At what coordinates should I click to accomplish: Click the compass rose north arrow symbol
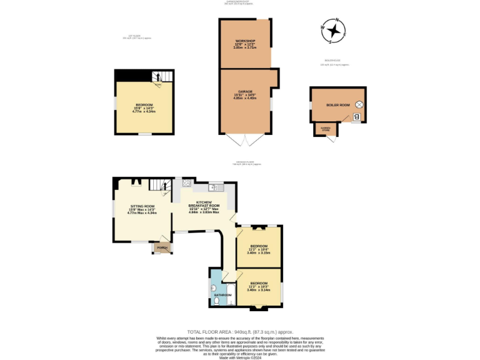click(334, 30)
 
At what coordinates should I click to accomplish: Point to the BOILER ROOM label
click(337, 105)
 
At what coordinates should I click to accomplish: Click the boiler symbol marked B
click(356, 116)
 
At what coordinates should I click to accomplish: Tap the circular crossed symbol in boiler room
click(359, 104)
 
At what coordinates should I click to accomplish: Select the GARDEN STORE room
click(326, 129)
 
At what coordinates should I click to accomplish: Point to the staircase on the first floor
click(159, 79)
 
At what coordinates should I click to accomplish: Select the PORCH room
click(162, 247)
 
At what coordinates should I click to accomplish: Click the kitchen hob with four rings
click(186, 184)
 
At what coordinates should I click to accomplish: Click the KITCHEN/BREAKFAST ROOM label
click(207, 205)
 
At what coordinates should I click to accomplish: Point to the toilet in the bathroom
click(216, 301)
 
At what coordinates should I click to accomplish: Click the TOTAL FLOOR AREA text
click(240, 332)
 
